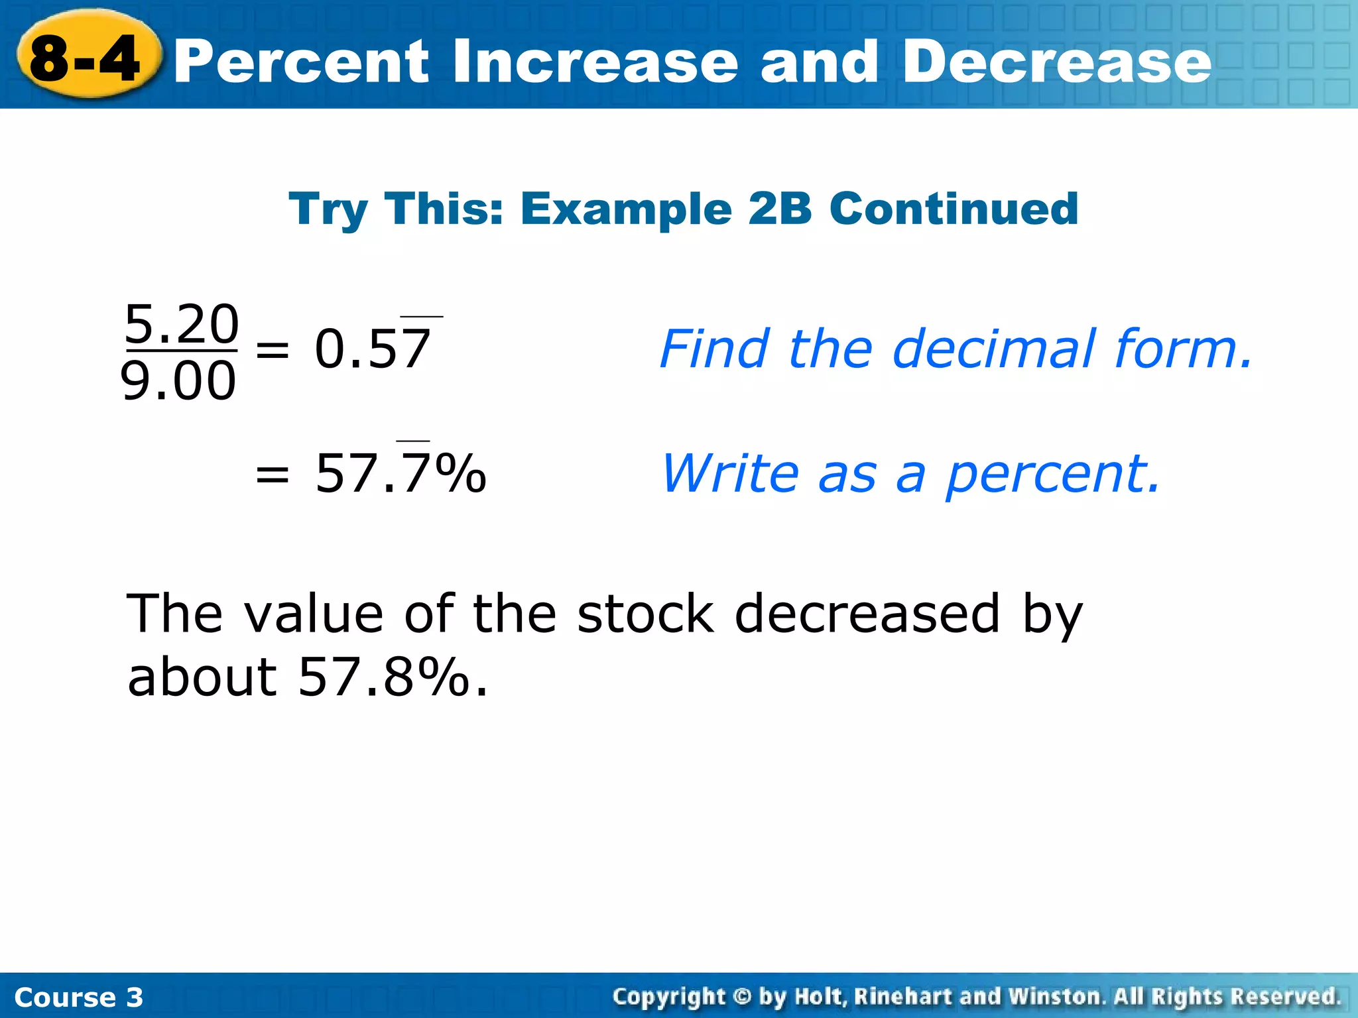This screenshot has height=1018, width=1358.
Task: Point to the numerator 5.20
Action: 181,324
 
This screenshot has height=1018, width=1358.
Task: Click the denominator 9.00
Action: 178,381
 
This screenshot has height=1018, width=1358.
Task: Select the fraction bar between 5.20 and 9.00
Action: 180,351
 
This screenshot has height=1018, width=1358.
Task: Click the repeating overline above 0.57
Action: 422,317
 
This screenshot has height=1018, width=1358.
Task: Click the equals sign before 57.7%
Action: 273,474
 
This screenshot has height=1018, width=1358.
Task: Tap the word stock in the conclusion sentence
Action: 645,614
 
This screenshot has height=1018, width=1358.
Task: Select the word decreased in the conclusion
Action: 867,614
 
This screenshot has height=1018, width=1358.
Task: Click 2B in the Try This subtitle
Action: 779,209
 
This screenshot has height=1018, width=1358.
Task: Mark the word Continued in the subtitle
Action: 954,209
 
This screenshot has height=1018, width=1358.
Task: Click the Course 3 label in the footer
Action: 78,997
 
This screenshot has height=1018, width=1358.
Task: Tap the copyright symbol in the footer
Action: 742,996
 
